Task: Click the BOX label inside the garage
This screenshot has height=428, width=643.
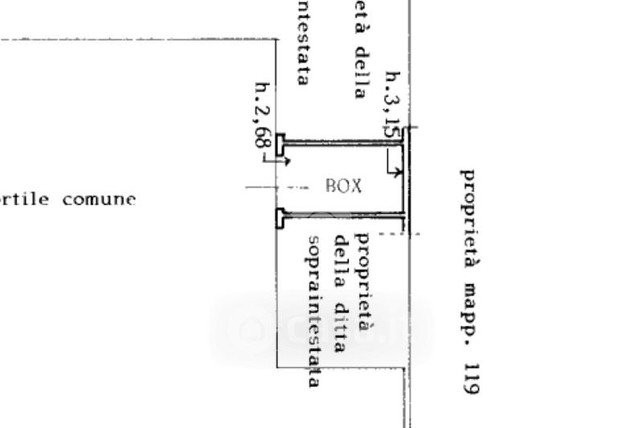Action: pos(343,187)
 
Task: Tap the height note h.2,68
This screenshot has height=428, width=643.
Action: pos(262,114)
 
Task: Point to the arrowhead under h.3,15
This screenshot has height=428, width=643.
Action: pos(399,173)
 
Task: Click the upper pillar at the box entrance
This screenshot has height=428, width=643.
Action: pos(280,145)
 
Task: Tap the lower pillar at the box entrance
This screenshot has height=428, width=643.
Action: pos(280,217)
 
